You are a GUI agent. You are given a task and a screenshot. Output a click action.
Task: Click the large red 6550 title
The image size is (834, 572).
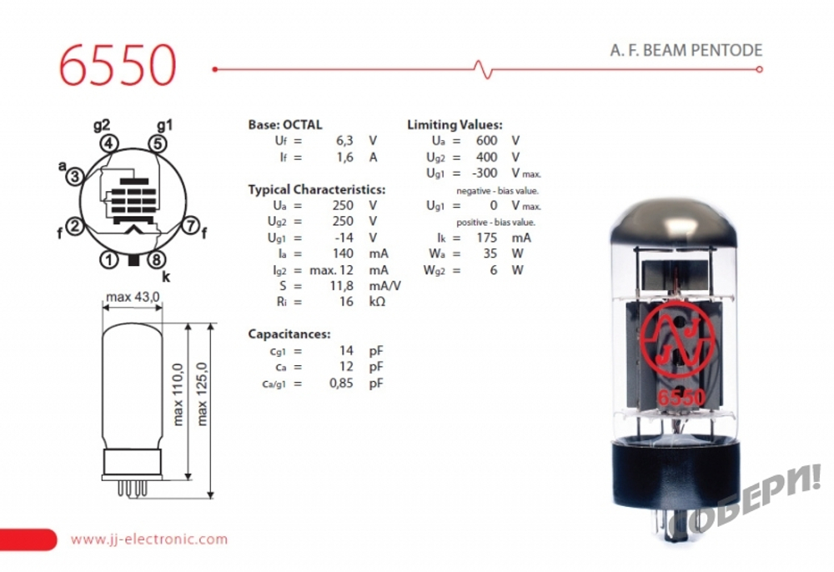(x=118, y=64)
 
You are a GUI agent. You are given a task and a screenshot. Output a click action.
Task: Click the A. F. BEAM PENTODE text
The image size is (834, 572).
(x=686, y=50)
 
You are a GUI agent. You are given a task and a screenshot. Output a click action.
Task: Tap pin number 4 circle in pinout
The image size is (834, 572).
(x=109, y=143)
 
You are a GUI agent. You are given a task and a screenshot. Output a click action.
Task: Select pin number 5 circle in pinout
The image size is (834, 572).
(x=158, y=143)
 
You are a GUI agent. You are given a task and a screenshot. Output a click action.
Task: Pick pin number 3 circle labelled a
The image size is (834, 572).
(x=75, y=177)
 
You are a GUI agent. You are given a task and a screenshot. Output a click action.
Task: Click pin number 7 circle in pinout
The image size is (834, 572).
(x=190, y=225)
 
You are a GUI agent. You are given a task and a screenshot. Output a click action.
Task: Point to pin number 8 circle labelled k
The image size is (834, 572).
(x=157, y=259)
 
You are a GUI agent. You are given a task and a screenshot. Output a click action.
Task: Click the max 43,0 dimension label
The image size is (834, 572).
(x=133, y=297)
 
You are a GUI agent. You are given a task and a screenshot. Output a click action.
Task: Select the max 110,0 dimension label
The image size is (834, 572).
(x=178, y=394)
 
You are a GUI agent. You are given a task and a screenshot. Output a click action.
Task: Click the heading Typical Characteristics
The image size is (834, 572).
(x=316, y=189)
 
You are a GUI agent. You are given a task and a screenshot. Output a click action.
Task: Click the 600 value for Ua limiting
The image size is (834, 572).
(x=486, y=141)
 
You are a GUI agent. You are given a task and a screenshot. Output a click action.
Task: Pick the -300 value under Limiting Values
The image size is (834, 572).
(x=484, y=173)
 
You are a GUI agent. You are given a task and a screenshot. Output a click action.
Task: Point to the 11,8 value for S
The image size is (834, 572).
(x=344, y=285)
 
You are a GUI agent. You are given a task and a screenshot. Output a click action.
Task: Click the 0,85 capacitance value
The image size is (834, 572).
(x=344, y=383)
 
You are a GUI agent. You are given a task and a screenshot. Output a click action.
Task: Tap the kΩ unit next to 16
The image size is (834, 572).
(x=377, y=301)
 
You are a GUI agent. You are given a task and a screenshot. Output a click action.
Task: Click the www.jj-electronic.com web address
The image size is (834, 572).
(x=148, y=539)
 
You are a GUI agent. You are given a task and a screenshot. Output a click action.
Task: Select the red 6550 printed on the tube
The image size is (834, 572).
(x=681, y=397)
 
